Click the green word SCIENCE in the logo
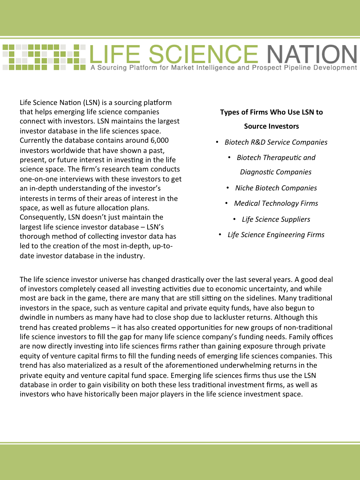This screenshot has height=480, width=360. (203, 54)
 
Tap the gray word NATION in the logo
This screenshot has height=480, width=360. (312, 54)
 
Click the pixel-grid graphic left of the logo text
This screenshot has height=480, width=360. (44, 57)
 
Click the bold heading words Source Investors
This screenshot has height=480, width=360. (271, 126)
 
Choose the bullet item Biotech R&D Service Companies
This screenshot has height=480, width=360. (276, 142)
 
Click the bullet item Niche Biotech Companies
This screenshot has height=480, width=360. (276, 188)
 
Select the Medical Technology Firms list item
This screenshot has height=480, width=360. (276, 204)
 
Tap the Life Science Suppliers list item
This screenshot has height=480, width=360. (276, 220)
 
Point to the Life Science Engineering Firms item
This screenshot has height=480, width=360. (276, 235)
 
